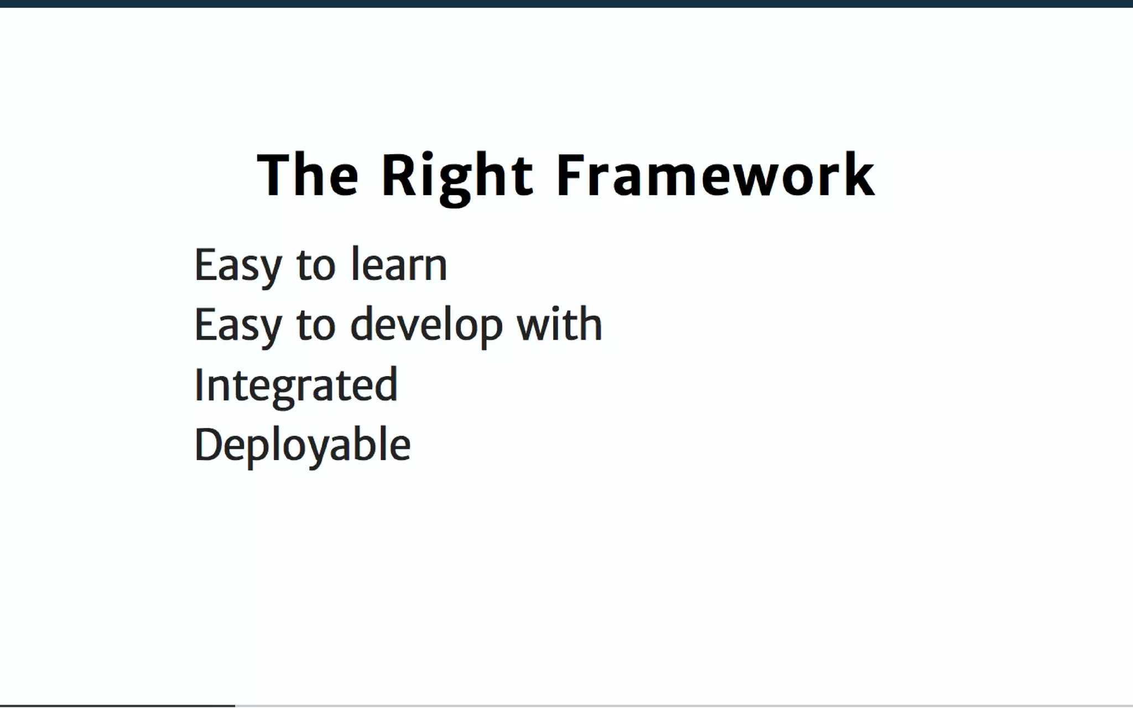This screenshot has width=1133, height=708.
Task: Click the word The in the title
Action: (308, 175)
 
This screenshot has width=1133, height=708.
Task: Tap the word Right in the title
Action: (457, 175)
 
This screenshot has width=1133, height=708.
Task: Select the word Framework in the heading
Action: (715, 175)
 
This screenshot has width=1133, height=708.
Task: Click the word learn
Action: (399, 264)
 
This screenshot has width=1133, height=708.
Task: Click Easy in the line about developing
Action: (238, 325)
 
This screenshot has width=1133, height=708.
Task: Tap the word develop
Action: (427, 325)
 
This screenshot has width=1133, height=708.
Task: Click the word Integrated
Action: (296, 385)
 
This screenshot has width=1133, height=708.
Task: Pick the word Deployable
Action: (303, 445)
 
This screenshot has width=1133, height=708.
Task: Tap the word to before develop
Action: (316, 325)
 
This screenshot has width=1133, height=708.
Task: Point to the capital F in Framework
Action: (569, 175)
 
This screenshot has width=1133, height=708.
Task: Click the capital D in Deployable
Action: (209, 444)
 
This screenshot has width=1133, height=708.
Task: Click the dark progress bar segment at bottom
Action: (117, 706)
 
